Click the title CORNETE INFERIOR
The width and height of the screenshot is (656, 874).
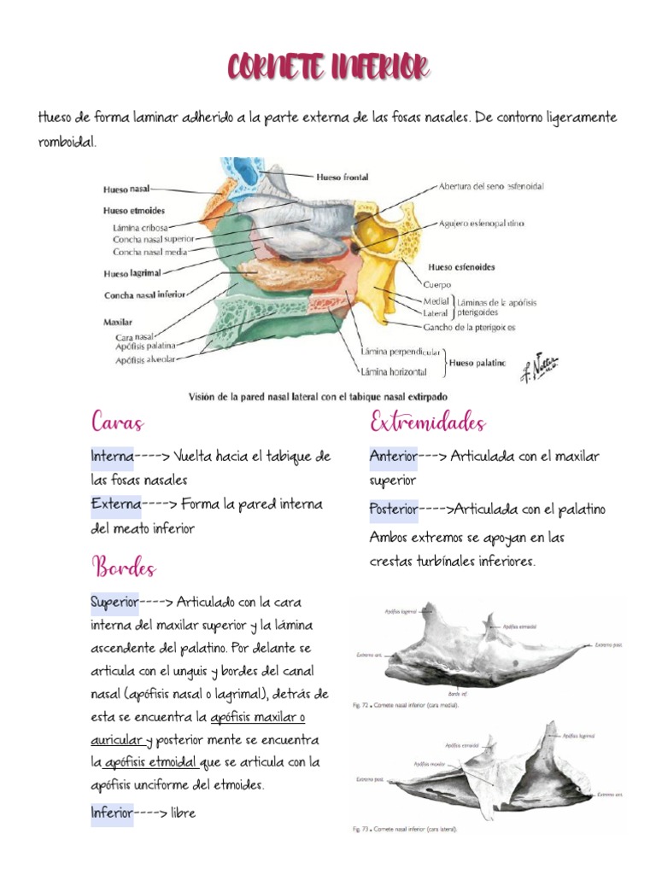(328, 67)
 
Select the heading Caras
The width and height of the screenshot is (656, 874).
(117, 422)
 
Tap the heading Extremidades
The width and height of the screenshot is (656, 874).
(427, 422)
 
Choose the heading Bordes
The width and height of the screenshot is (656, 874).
(124, 567)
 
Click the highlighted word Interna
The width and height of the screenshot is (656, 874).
(112, 457)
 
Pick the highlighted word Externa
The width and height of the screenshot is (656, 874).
(115, 504)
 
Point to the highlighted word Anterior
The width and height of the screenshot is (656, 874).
(393, 457)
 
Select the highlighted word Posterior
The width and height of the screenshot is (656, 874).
(394, 510)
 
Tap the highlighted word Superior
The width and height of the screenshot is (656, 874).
(114, 603)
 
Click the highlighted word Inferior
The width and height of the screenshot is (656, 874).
(112, 813)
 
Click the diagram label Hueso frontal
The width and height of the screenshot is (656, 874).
(342, 178)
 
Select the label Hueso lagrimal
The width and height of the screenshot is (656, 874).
(132, 274)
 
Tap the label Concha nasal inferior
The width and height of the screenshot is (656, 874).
(144, 295)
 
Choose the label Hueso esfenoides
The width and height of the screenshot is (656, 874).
(461, 267)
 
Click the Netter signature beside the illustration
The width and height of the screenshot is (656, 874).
(539, 364)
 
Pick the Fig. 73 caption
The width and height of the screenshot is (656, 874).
(406, 828)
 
